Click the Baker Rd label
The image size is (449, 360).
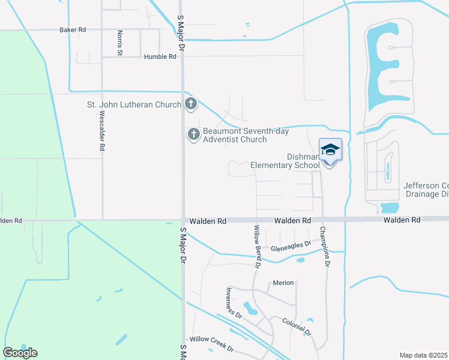[73, 29]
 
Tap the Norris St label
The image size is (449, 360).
[120, 43]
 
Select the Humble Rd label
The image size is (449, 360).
[160, 56]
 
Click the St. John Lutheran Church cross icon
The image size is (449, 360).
[191, 104]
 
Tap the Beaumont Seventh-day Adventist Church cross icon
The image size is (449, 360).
[193, 134]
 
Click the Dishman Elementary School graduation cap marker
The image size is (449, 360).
[330, 149]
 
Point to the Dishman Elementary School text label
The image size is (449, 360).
[285, 161]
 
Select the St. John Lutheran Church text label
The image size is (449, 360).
[134, 105]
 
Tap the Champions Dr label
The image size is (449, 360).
[325, 246]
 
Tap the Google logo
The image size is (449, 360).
[20, 353]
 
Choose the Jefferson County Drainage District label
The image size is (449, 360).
[426, 190]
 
